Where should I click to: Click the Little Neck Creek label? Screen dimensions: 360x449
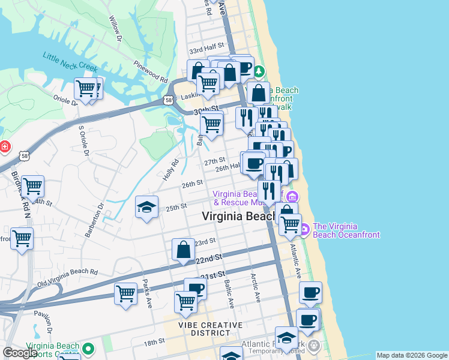click(69, 62)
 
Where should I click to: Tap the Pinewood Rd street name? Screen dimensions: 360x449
click(151, 71)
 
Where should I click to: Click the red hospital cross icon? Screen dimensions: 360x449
click(4, 146)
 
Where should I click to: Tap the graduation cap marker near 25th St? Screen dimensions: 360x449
click(147, 208)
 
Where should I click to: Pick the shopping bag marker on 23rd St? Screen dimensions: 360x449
click(184, 250)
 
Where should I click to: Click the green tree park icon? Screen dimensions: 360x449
click(259, 72)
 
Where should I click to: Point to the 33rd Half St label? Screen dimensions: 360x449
click(206, 46)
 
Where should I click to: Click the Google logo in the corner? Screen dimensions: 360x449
click(20, 353)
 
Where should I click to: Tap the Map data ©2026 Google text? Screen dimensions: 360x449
click(411, 355)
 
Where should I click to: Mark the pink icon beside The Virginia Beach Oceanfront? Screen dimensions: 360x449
click(304, 229)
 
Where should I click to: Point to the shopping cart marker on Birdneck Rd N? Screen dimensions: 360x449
click(32, 187)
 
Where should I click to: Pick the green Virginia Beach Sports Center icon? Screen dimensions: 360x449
click(88, 348)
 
